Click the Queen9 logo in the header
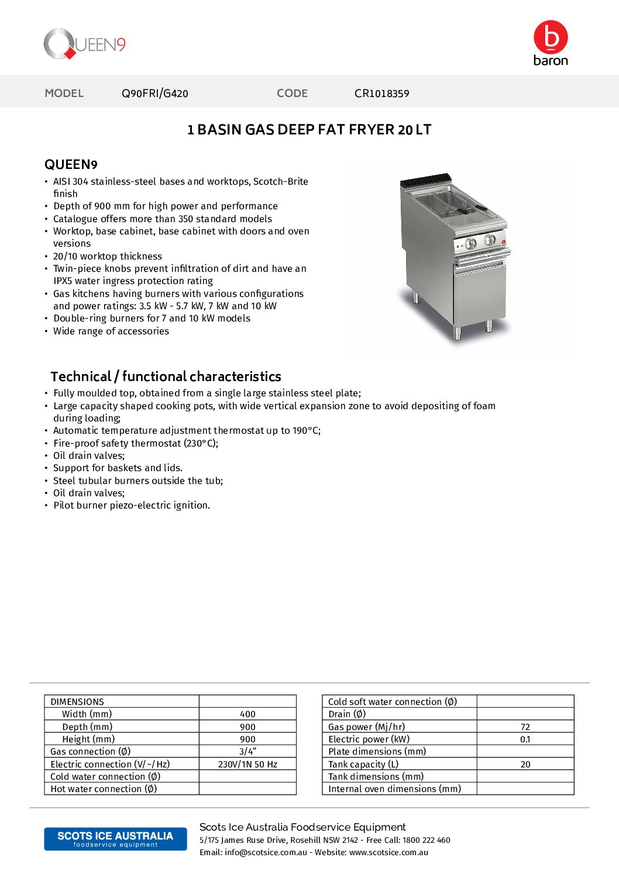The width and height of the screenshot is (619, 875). pyautogui.click(x=84, y=44)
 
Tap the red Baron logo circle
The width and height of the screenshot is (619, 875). pyautogui.click(x=551, y=37)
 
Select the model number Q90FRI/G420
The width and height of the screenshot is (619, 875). pyautogui.click(x=155, y=94)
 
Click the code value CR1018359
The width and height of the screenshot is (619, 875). pyautogui.click(x=381, y=94)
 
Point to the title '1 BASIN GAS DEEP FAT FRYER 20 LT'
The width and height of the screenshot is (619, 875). pyautogui.click(x=309, y=130)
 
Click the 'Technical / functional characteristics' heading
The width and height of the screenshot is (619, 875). pyautogui.click(x=166, y=376)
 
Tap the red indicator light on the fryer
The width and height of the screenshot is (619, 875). pyautogui.click(x=503, y=241)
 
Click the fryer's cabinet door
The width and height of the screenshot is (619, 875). pyautogui.click(x=480, y=295)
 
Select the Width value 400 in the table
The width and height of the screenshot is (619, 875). pyautogui.click(x=247, y=714)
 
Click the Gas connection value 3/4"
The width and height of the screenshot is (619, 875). pyautogui.click(x=247, y=752)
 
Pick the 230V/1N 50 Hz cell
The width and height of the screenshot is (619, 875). pyautogui.click(x=247, y=765)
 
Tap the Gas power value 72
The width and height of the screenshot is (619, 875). pyautogui.click(x=525, y=727)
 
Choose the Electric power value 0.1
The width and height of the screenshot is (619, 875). pyautogui.click(x=525, y=739)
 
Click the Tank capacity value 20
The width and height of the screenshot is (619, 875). pyautogui.click(x=525, y=765)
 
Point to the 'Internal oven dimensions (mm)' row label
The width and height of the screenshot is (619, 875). pyautogui.click(x=394, y=789)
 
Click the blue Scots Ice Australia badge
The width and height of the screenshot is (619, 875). pyautogui.click(x=115, y=839)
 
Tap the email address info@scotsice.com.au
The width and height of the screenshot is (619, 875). pyautogui.click(x=266, y=852)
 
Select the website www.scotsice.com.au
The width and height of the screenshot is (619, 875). pyautogui.click(x=388, y=852)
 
